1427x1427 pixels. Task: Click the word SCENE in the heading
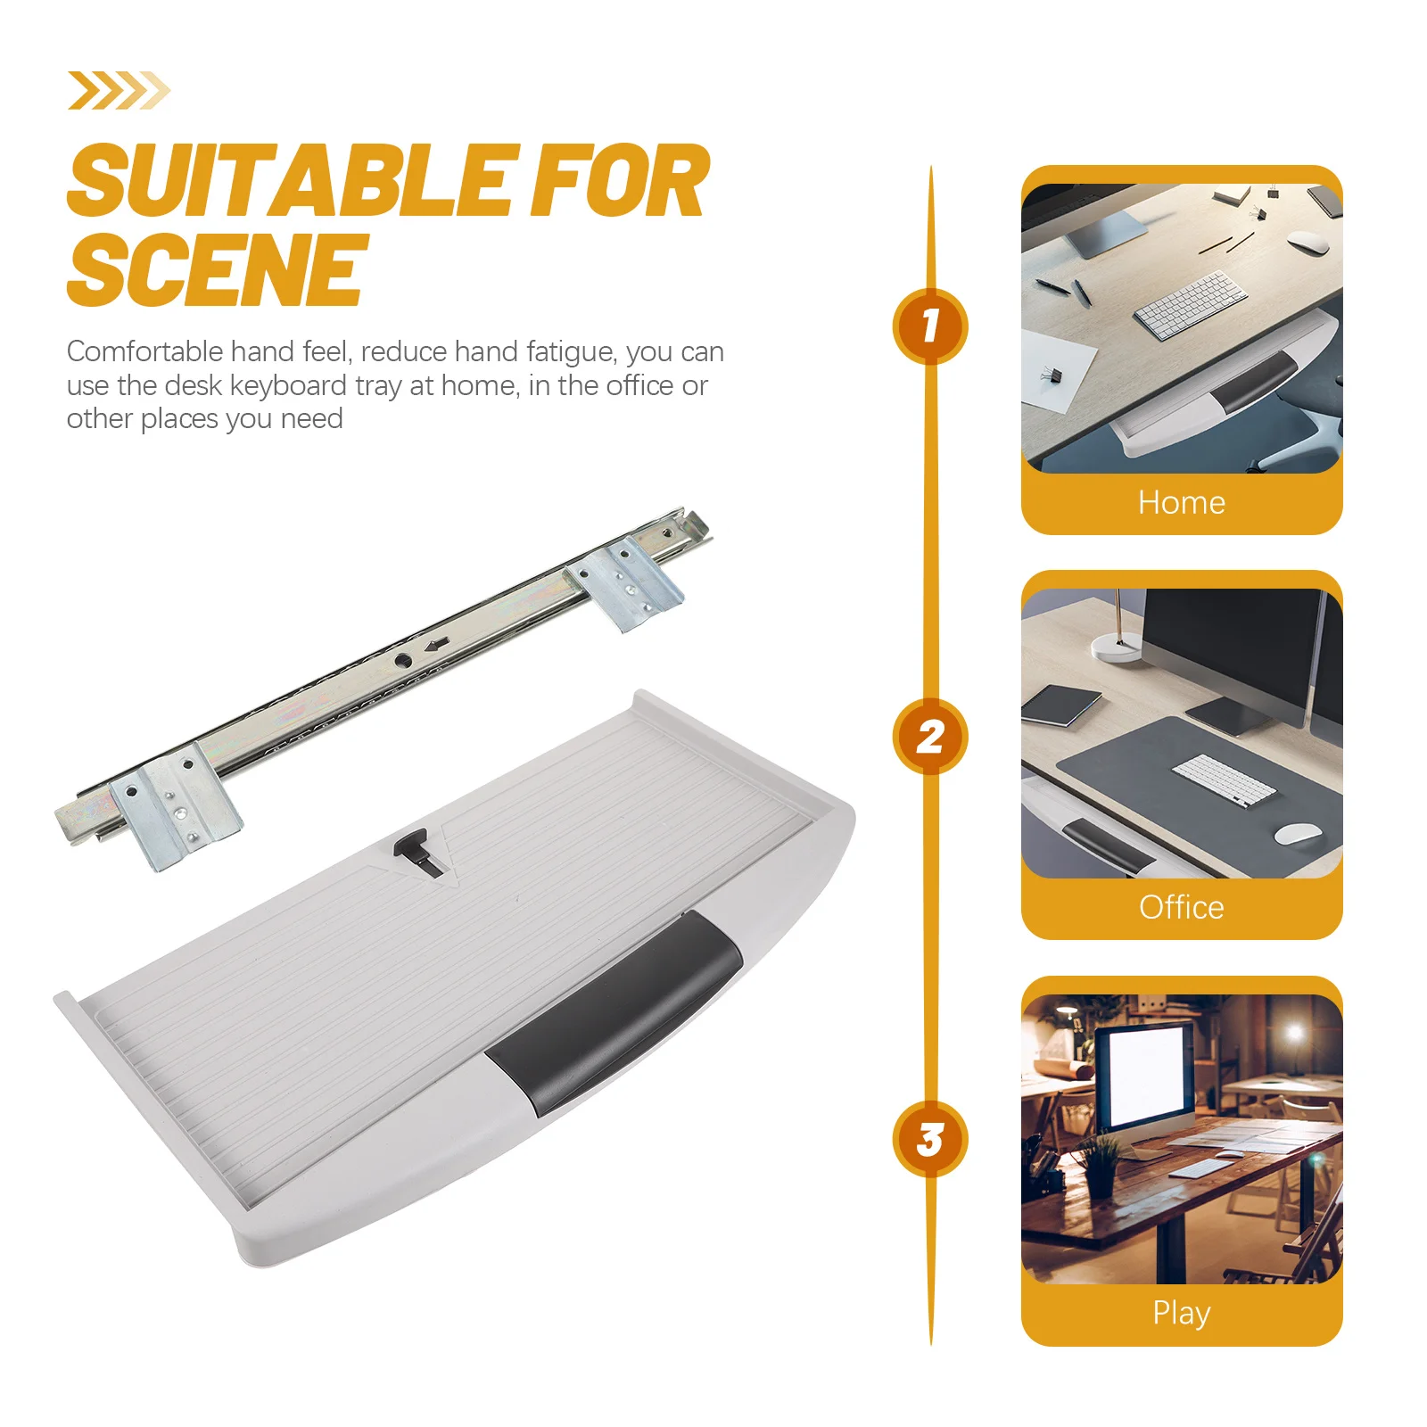point(217,269)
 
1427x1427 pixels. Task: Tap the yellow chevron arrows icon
point(118,90)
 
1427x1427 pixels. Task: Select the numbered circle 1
point(930,326)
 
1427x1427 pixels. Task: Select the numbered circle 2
point(930,737)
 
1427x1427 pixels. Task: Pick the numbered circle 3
point(930,1139)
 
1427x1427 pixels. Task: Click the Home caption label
point(1181,502)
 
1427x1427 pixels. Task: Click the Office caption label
point(1181,907)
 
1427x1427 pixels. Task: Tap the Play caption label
point(1181,1312)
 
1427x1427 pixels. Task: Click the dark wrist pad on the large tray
point(615,1010)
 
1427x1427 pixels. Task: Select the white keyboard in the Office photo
point(1223,779)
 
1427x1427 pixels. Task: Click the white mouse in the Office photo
point(1297,833)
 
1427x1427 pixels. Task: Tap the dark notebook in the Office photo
point(1061,704)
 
